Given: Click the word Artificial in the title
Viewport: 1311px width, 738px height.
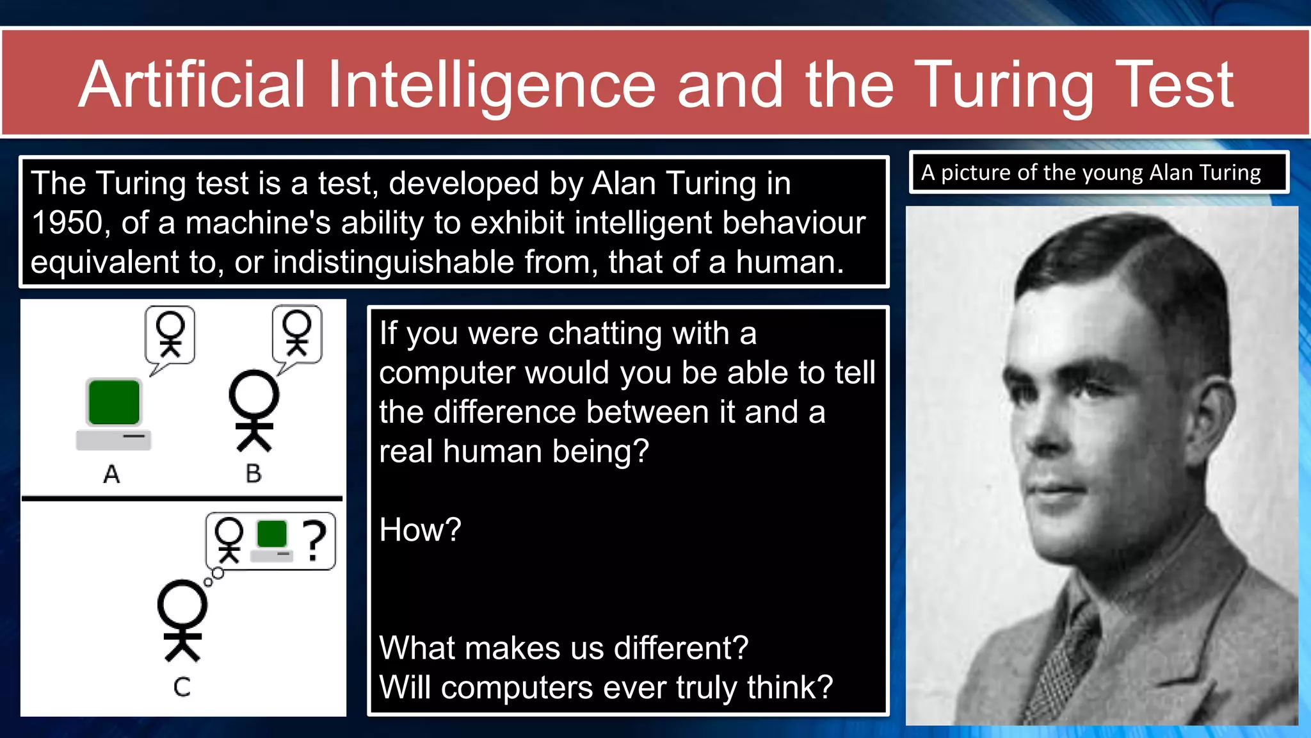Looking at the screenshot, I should pyautogui.click(x=192, y=85).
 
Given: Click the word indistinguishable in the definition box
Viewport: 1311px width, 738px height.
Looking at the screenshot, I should pyautogui.click(x=393, y=262).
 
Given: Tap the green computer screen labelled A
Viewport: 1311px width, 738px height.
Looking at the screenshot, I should pyautogui.click(x=114, y=402).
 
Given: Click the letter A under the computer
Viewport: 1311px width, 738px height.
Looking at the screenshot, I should pyautogui.click(x=111, y=474).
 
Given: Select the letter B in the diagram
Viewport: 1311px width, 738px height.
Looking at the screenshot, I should pyautogui.click(x=253, y=474).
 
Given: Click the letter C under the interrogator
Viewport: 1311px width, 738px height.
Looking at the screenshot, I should pyautogui.click(x=182, y=687).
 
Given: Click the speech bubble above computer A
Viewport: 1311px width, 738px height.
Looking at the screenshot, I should pyautogui.click(x=170, y=335).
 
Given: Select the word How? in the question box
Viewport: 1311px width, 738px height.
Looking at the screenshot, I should pyautogui.click(x=420, y=530).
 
